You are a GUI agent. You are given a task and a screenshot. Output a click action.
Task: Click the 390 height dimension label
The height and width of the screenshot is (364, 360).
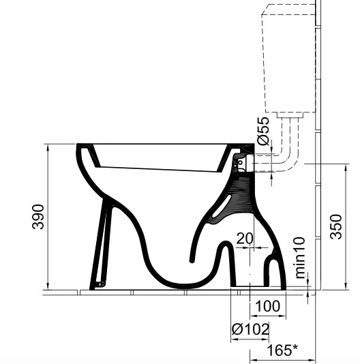tap(38, 217)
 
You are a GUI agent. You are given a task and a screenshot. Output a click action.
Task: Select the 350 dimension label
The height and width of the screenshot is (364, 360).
tap(336, 227)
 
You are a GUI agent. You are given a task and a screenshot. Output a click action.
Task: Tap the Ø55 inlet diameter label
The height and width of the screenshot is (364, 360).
tap(263, 131)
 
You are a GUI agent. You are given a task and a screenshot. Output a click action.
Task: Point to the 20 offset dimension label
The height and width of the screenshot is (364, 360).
tap(245, 239)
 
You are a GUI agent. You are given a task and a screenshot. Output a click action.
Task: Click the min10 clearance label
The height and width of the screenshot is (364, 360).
tap(300, 258)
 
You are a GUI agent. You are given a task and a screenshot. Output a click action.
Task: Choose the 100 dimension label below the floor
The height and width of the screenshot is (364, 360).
tap(267, 306)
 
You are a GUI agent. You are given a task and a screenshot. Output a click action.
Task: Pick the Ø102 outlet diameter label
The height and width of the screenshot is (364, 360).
tap(250, 329)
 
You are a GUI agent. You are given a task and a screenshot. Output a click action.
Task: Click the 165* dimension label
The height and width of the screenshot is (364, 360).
tap(282, 350)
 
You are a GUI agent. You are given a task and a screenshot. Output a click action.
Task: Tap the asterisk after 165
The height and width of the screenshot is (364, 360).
tap(295, 347)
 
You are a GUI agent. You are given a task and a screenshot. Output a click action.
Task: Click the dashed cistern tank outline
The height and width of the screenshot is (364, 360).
tap(264, 63)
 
